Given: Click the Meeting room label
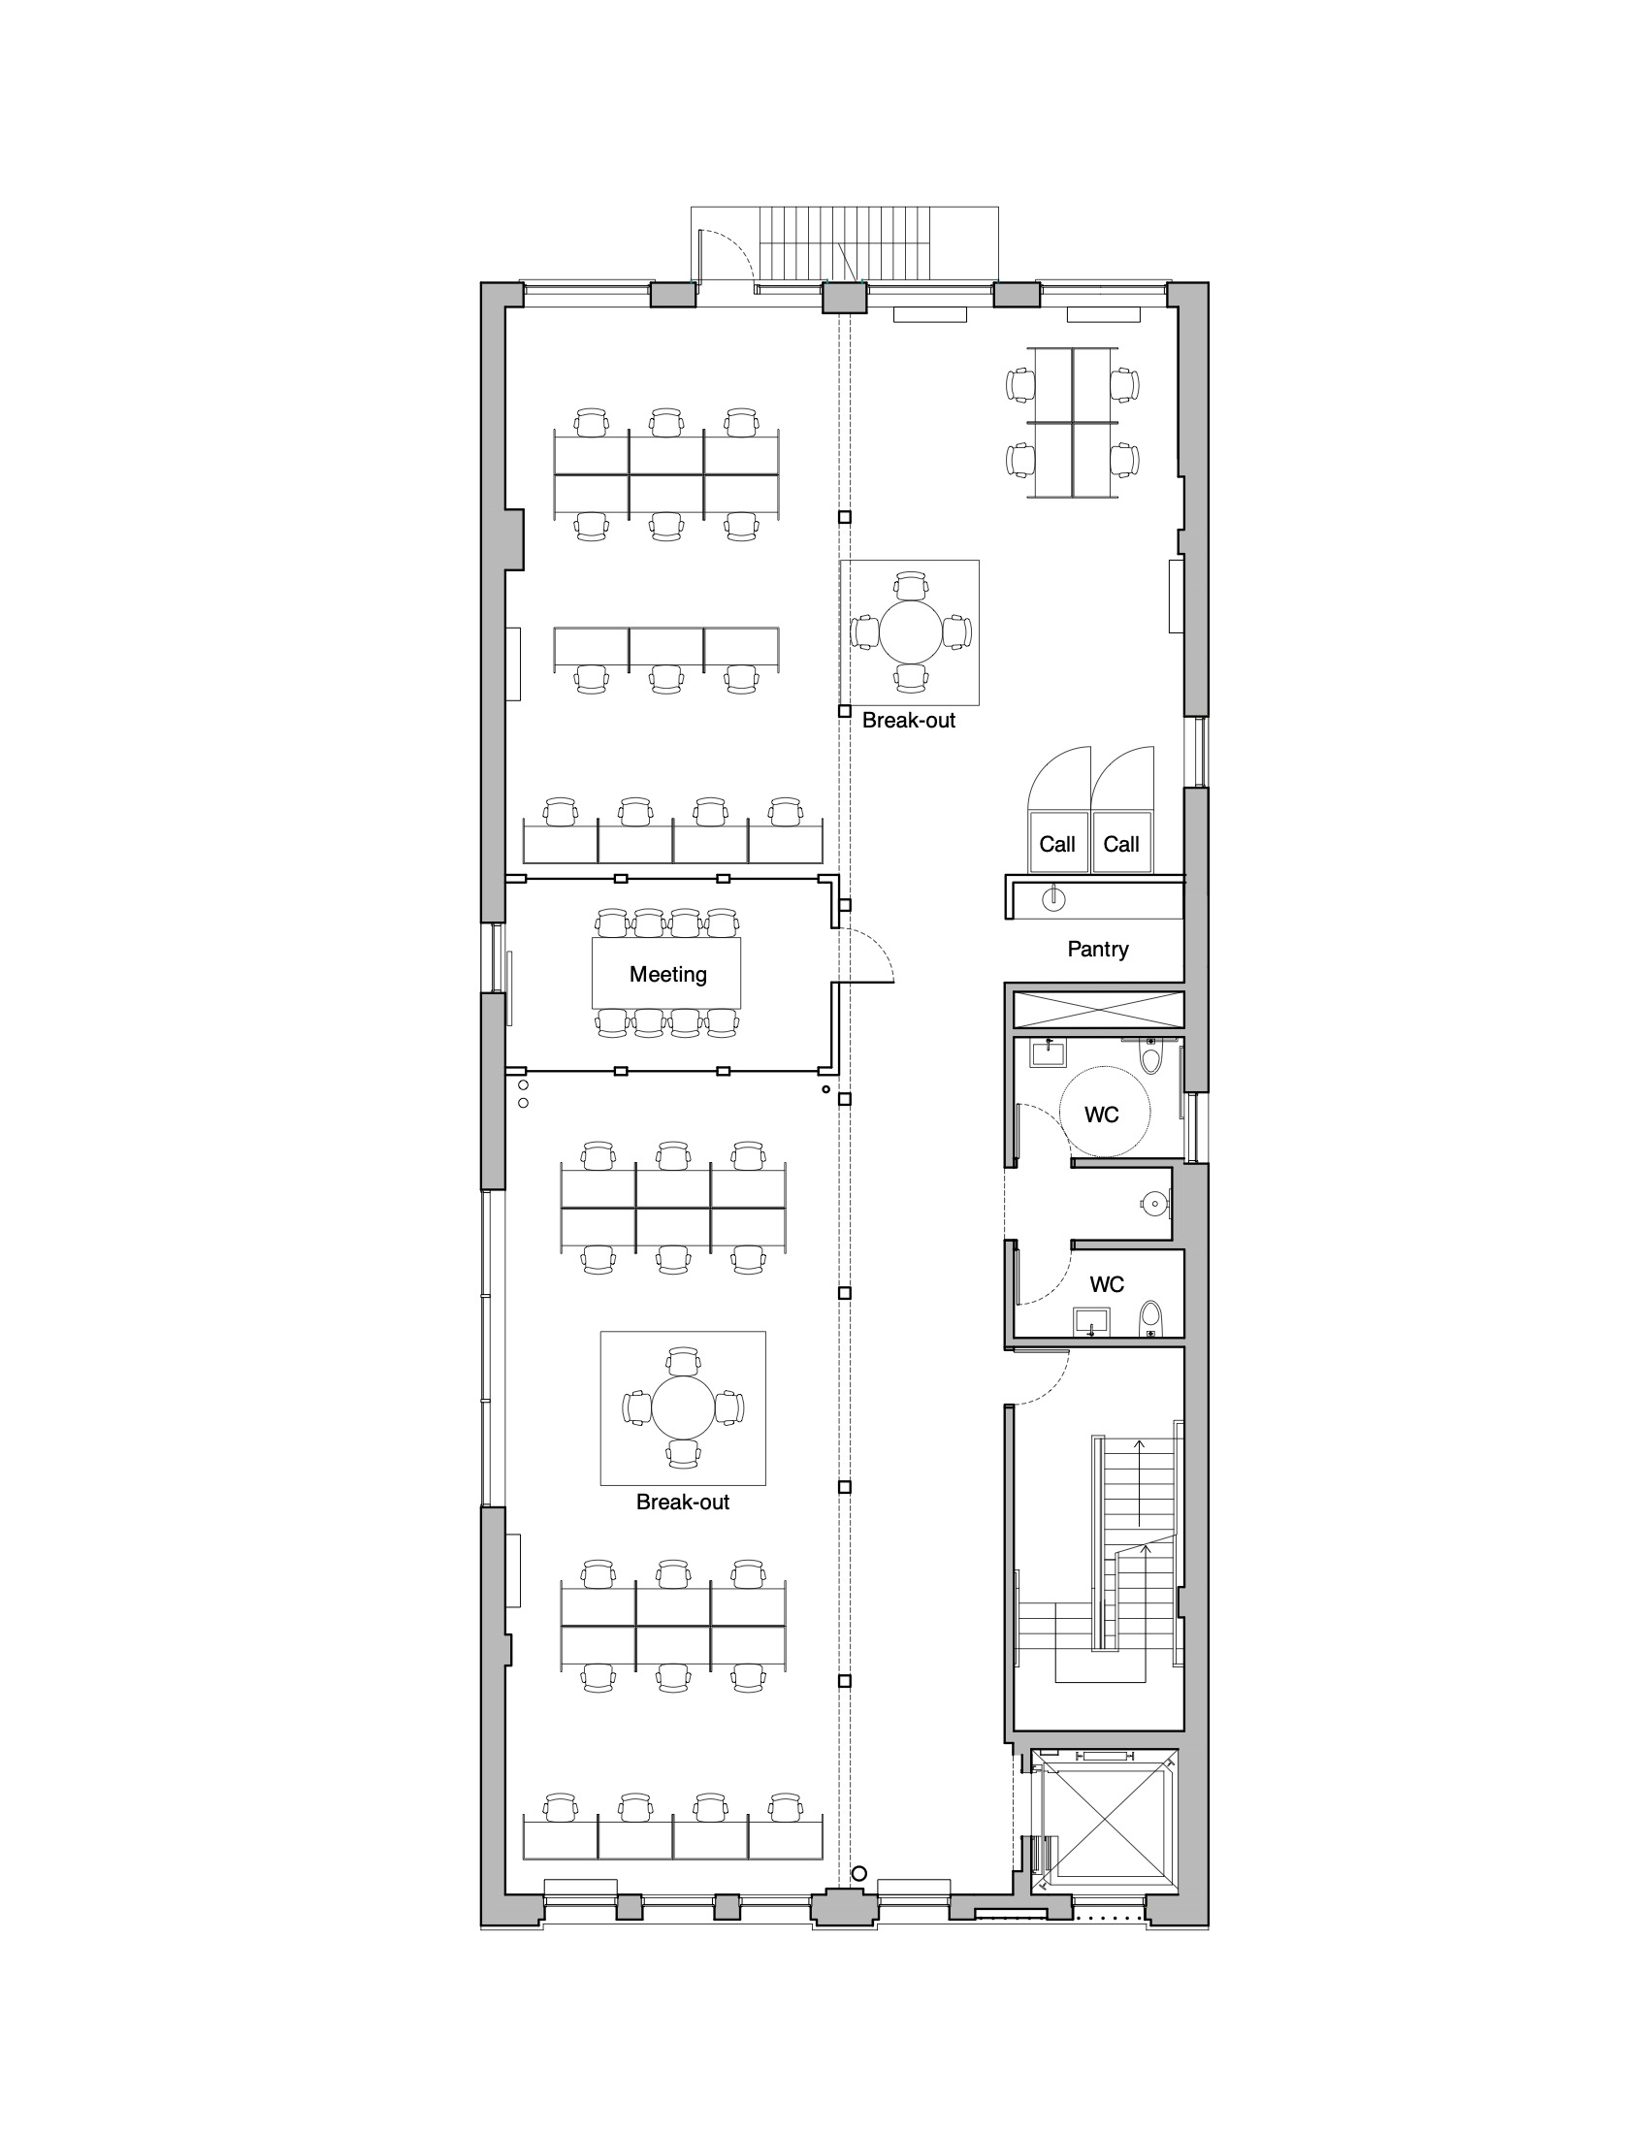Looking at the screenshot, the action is (668, 974).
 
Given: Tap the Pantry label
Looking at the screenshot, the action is (1098, 949).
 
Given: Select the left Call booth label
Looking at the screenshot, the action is (1057, 844).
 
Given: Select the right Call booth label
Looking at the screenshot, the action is (1121, 844).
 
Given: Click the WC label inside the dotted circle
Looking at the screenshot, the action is (1102, 1115).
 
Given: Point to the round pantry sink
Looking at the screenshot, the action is (1054, 898).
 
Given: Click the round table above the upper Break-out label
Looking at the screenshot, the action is (911, 631).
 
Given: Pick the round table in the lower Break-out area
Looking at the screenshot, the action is (683, 1407).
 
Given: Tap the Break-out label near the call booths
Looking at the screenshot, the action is (909, 720).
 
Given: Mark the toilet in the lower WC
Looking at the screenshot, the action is (1150, 1318).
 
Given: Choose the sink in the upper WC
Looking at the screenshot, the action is (1049, 1052).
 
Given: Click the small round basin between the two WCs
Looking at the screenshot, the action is (1153, 1204).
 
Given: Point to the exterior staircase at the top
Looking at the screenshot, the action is (845, 245).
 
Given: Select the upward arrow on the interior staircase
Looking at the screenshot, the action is (1137, 1481).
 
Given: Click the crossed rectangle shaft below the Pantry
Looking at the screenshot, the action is (1098, 1010).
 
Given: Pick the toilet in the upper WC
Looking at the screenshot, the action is (1150, 1057).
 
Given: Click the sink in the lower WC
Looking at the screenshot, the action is (1090, 1322).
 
